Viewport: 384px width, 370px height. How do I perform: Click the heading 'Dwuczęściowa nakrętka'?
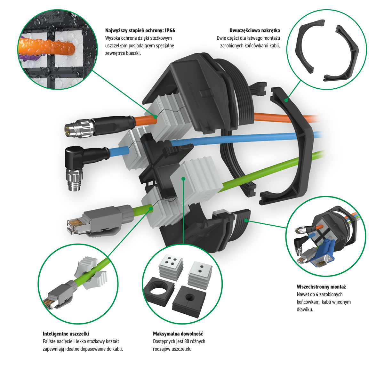click(x=254, y=30)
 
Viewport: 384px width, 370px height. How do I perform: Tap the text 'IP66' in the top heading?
click(x=170, y=30)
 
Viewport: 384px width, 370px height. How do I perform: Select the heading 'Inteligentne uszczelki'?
click(x=66, y=334)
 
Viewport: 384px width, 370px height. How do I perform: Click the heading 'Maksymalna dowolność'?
click(x=178, y=334)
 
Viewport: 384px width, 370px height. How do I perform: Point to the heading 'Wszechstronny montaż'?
click(x=321, y=287)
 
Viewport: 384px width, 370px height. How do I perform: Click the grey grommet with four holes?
click(x=171, y=266)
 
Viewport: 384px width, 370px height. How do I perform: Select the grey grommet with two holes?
click(x=200, y=274)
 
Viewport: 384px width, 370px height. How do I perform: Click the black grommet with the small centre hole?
click(x=189, y=302)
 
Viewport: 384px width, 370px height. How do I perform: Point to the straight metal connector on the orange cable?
click(x=99, y=126)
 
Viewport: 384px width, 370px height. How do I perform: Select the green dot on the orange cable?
click(x=155, y=117)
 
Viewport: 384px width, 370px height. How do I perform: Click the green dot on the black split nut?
click(x=286, y=100)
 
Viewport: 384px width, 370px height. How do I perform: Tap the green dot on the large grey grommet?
click(x=183, y=179)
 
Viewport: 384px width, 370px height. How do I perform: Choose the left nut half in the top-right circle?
click(x=310, y=46)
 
